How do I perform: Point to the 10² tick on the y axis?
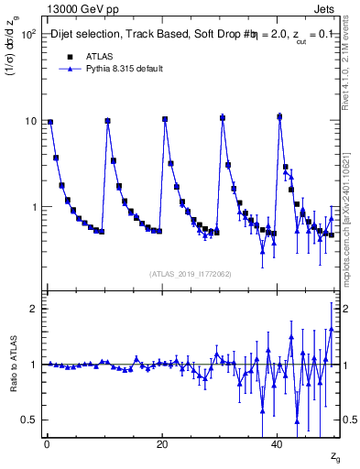27,35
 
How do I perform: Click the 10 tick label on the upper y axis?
30,121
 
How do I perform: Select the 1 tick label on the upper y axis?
33,208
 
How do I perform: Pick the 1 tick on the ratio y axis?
33,365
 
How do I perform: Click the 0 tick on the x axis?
47,445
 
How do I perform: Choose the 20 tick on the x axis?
162,445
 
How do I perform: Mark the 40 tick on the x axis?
278,445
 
